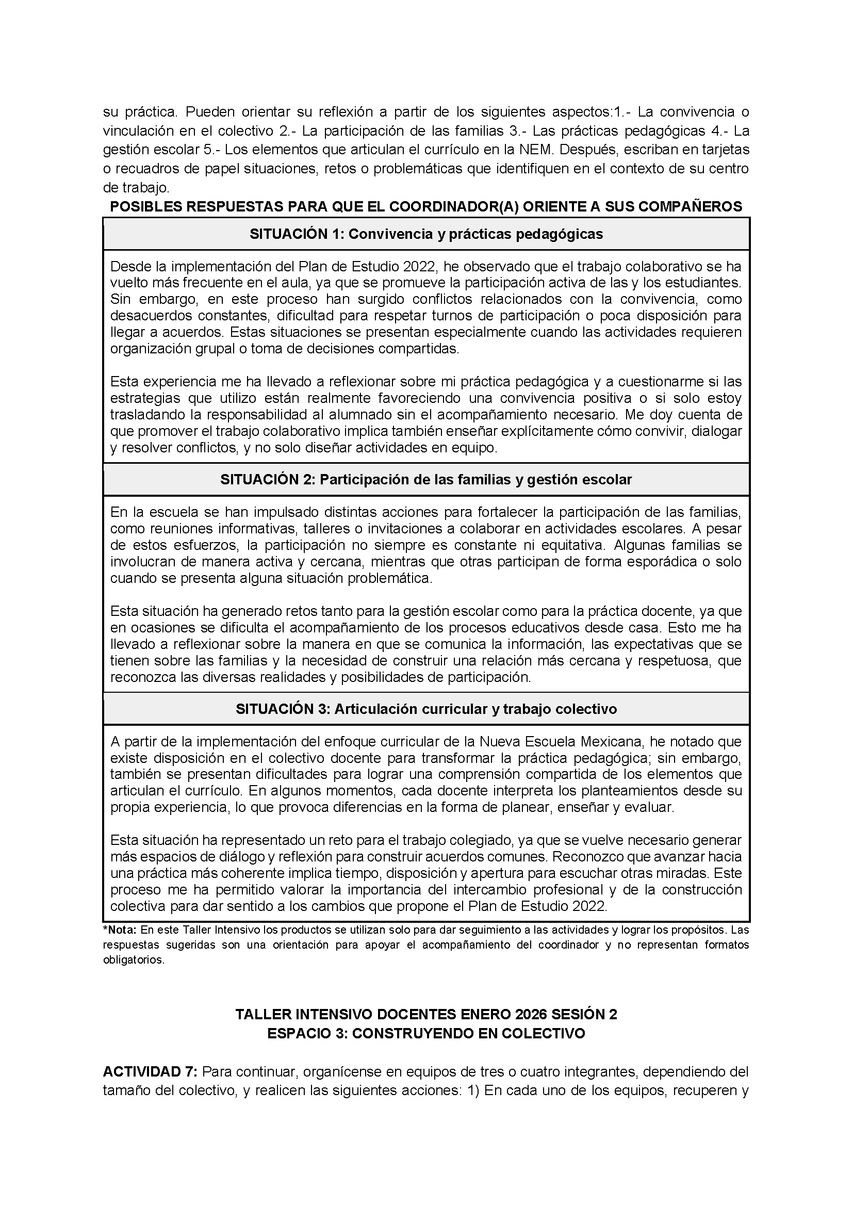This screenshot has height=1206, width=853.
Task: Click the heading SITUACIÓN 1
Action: [426, 234]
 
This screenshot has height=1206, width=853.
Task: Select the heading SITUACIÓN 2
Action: [426, 480]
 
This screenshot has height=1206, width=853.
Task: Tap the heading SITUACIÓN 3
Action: [426, 709]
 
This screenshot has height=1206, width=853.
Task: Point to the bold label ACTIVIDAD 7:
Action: [150, 1071]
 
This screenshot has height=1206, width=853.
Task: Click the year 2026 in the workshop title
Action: [534, 1015]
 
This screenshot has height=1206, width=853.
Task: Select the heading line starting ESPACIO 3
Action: [426, 1034]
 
